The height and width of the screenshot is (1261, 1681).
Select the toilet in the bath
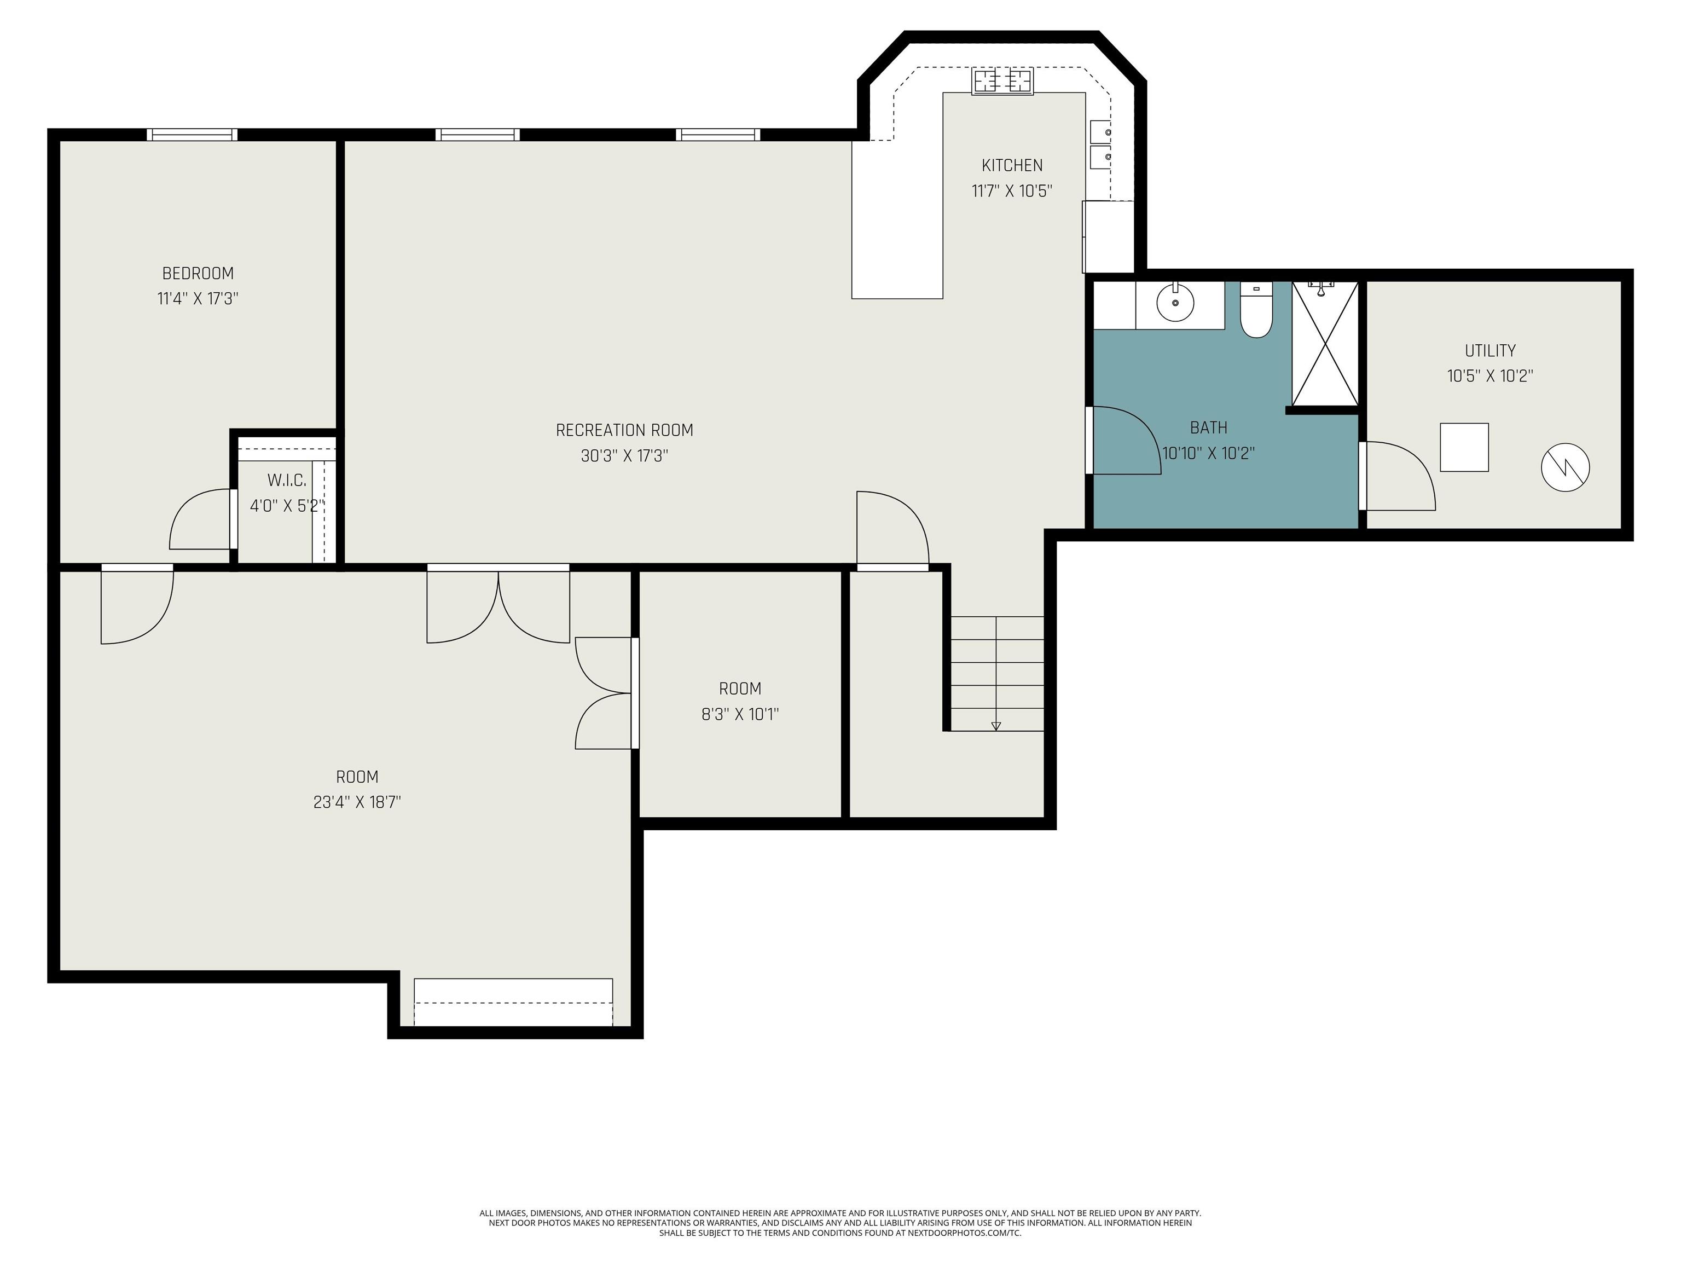1256,310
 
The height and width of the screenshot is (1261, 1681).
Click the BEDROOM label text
198,273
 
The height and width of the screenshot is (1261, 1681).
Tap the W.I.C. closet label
287,481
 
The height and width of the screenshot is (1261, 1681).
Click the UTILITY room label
1490,350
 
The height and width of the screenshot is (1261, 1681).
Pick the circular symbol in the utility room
1566,467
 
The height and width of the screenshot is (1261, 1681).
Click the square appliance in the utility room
1464,448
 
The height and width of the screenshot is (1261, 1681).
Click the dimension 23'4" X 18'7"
357,802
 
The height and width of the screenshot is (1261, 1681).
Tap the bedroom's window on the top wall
192,135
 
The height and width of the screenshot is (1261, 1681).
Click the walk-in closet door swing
201,519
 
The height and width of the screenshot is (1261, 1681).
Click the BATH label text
1208,428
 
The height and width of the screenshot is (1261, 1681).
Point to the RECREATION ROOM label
625,430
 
